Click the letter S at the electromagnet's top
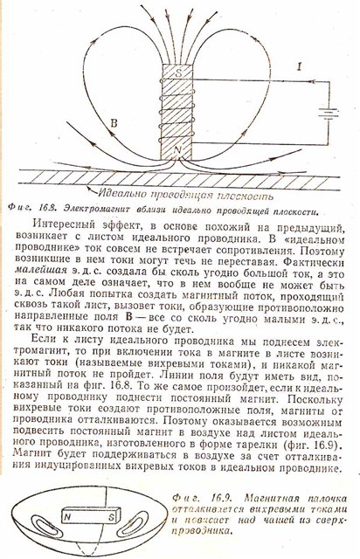(178, 73)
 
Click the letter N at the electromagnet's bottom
(177, 151)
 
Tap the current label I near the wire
(300, 66)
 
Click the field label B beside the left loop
(114, 123)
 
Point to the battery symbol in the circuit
(328, 114)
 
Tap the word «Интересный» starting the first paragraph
(64, 225)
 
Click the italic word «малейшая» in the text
(41, 270)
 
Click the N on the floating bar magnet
(67, 517)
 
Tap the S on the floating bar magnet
(112, 516)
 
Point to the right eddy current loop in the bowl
(135, 522)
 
